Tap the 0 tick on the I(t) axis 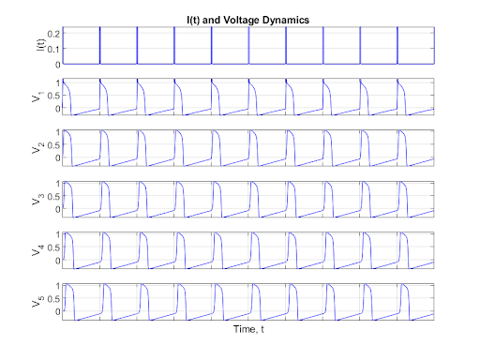click(x=57, y=64)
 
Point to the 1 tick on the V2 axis click(x=57, y=133)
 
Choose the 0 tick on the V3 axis click(x=57, y=210)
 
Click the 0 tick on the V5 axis click(x=57, y=311)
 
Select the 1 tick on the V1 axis click(x=57, y=82)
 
